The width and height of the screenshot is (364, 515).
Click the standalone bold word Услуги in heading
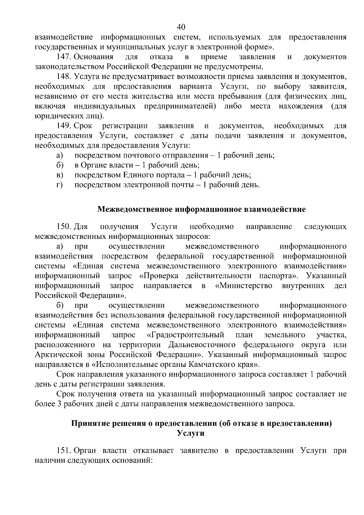click(x=190, y=433)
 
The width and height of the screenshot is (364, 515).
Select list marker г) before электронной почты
click(x=59, y=185)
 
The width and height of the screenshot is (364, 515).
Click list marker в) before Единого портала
click(x=59, y=175)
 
